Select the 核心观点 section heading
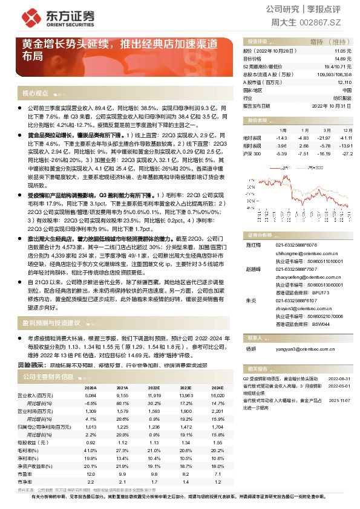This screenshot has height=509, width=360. (35, 93)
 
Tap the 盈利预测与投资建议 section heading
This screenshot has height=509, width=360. (51, 323)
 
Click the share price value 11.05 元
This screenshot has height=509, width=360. (343, 51)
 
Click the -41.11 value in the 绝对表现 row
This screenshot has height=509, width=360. (345, 138)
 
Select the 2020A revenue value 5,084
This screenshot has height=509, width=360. (90, 394)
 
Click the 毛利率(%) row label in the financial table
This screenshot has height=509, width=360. (33, 450)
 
